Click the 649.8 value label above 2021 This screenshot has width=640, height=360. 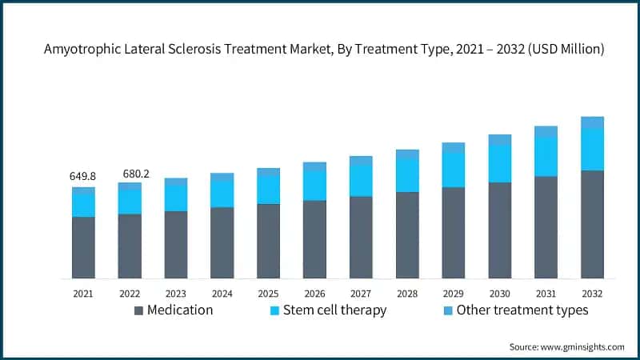point(83,176)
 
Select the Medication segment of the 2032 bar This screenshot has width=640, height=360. point(592,224)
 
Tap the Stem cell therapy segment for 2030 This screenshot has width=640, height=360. point(500,164)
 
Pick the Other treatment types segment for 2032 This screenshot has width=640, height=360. point(592,122)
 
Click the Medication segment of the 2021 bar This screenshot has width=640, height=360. point(83,247)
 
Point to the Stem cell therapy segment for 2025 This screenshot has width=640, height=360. point(269,189)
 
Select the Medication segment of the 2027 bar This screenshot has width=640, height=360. point(361,237)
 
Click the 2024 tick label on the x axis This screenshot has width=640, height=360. point(222,294)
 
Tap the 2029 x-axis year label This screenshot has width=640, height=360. point(453,294)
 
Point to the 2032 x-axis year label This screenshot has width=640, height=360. point(592,294)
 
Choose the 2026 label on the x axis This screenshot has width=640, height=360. point(314,294)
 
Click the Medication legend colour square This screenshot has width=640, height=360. point(139,310)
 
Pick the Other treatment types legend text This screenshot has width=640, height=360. point(522,310)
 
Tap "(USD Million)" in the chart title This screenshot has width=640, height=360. point(565,50)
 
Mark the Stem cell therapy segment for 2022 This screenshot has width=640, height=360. point(130,202)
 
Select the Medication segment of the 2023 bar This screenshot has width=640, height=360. point(176,245)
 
